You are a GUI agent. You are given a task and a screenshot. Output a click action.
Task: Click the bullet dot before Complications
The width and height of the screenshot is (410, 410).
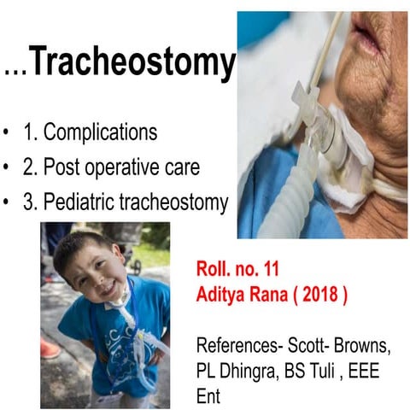8,134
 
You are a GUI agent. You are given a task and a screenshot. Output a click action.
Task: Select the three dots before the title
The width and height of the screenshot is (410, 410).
15,70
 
